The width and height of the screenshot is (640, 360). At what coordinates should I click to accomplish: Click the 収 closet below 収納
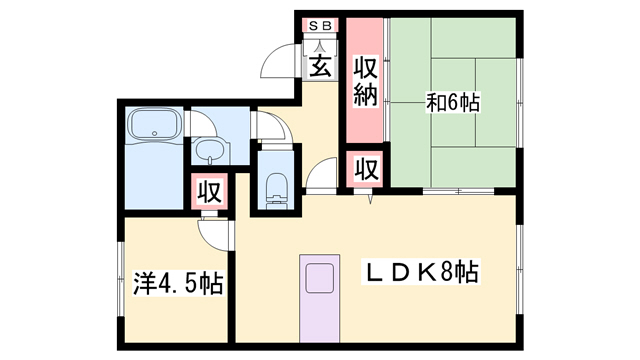coord(366,168)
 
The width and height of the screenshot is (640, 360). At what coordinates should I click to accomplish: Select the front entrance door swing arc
coord(281,63)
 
